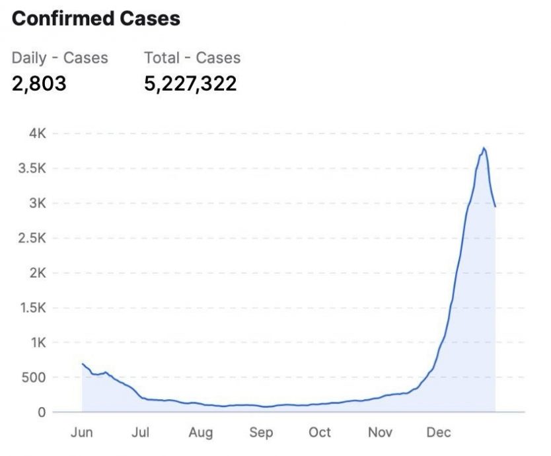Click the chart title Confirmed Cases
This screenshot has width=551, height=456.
[96, 19]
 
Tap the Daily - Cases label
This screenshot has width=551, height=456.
[59, 57]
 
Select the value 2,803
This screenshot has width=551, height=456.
[39, 84]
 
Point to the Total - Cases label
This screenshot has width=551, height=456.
[192, 57]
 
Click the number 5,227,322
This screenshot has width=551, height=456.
[190, 84]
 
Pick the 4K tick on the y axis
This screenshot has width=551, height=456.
[37, 133]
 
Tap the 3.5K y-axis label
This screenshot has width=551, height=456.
[32, 169]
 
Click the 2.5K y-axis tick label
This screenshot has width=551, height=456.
[32, 238]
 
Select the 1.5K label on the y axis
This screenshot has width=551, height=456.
[32, 308]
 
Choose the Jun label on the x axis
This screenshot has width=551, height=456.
[82, 433]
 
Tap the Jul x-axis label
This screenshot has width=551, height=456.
[141, 433]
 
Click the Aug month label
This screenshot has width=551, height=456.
[200, 433]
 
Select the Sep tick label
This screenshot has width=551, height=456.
[260, 433]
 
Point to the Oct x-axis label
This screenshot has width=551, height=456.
[320, 433]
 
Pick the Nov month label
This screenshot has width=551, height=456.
[380, 433]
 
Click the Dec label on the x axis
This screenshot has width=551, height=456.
[439, 433]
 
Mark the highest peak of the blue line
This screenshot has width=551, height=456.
[484, 148]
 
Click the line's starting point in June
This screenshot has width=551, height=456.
[83, 363]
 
